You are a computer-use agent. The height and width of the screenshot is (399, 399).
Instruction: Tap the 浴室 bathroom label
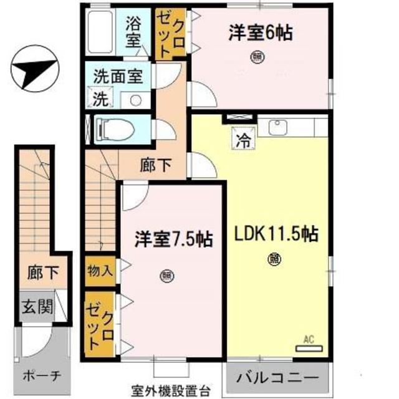[133, 34]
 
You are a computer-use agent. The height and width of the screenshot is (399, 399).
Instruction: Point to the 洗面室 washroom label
[118, 77]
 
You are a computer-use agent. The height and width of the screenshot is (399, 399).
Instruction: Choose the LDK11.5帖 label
[277, 235]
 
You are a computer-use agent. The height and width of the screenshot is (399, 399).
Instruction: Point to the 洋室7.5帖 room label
[173, 238]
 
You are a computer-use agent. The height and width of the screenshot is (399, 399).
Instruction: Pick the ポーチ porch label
[42, 376]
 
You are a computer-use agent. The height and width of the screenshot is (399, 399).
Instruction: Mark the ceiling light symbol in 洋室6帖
[257, 57]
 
